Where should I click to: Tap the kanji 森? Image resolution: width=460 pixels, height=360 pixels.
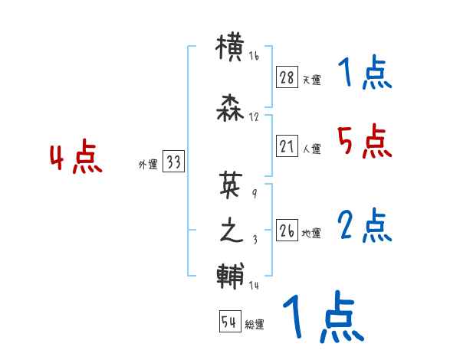click(231, 108)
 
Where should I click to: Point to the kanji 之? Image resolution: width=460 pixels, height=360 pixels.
click(231, 231)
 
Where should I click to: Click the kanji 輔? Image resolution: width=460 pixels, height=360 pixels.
click(231, 276)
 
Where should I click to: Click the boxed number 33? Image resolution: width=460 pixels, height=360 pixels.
click(173, 162)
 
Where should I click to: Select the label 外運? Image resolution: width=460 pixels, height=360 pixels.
click(147, 164)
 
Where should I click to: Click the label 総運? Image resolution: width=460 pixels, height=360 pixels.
click(255, 325)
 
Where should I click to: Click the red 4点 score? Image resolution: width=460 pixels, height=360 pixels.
click(76, 159)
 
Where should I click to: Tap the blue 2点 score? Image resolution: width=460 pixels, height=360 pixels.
click(364, 225)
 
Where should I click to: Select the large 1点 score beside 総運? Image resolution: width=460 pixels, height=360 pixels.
click(324, 318)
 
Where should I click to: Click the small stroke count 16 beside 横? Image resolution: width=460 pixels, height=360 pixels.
click(254, 56)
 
